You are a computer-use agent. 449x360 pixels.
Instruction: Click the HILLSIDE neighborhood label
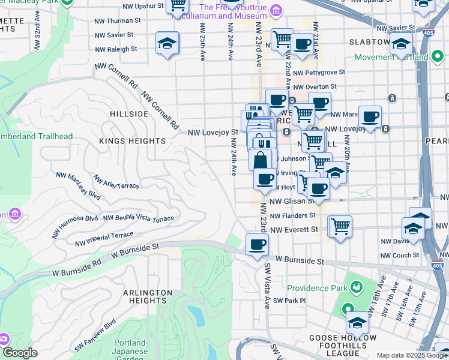(129, 113)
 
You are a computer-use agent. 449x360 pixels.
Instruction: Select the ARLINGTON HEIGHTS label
(148, 297)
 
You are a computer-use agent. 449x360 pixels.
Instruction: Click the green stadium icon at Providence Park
(357, 287)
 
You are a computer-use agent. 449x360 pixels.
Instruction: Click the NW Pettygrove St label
(325, 72)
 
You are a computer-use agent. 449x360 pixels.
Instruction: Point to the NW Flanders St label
(292, 215)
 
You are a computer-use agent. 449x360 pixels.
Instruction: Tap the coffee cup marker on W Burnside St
(257, 245)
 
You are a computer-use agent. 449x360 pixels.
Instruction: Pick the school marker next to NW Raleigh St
(167, 44)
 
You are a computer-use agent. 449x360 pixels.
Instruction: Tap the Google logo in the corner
(20, 353)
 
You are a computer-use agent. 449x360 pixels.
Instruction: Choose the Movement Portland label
(391, 58)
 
